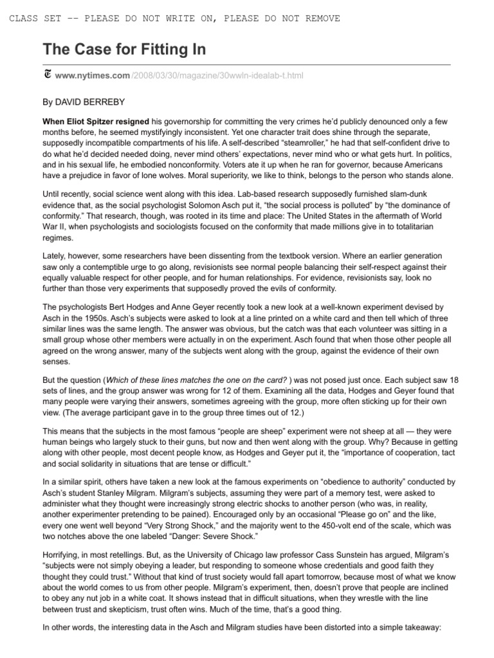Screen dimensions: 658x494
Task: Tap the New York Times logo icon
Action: click(x=48, y=75)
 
